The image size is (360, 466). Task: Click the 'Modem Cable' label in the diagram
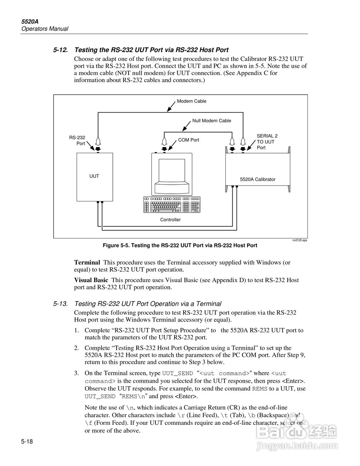(x=191, y=101)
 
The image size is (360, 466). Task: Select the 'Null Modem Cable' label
(x=211, y=121)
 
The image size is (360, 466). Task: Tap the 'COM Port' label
(x=189, y=140)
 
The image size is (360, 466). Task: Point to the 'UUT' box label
(x=94, y=176)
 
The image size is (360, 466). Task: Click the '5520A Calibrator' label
(x=257, y=179)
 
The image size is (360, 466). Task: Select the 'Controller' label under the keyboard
(x=170, y=220)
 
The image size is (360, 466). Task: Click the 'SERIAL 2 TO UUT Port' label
(x=267, y=142)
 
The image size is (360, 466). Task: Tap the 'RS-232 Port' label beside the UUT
(x=77, y=141)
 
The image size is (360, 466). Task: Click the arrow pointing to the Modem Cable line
(x=171, y=106)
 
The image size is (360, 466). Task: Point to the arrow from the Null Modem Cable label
(x=186, y=126)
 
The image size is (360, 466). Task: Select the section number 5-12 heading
(x=60, y=50)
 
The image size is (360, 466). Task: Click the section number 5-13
(x=60, y=304)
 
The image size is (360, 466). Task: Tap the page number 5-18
(x=27, y=442)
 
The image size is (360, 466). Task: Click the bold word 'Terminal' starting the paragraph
(x=87, y=262)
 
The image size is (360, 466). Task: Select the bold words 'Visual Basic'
(x=91, y=280)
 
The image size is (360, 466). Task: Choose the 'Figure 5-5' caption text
(x=180, y=246)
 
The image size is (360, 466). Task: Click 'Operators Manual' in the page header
(x=45, y=29)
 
